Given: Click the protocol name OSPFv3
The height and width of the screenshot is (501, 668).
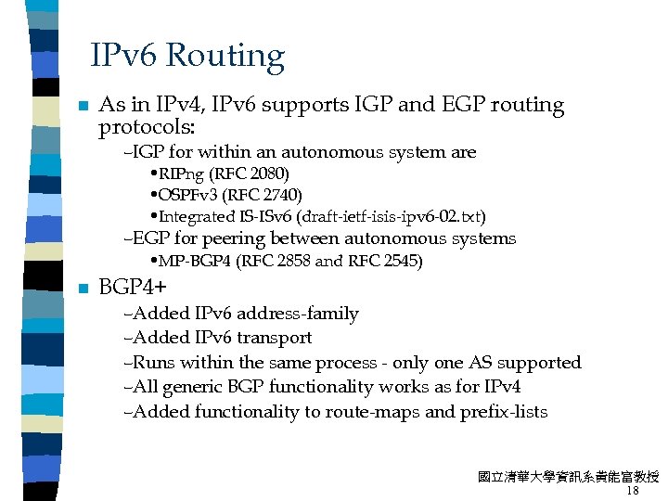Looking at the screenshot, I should [x=183, y=195].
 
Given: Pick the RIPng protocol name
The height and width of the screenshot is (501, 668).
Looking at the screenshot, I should [x=182, y=173].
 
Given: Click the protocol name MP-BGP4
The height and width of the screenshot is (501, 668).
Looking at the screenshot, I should [x=195, y=262].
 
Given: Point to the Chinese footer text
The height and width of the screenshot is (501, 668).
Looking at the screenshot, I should [x=568, y=477].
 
